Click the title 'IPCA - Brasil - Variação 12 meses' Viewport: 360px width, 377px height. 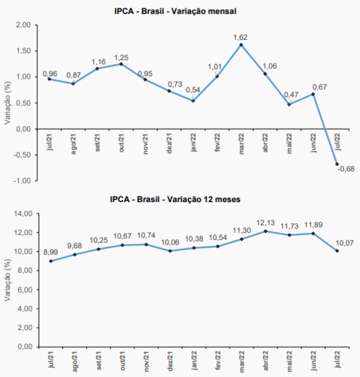coord(175,199)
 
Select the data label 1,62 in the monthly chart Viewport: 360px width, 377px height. coord(241,38)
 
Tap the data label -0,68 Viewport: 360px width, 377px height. coord(346,169)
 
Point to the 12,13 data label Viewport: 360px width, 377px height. coord(265,224)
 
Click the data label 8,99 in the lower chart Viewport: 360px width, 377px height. coord(50,253)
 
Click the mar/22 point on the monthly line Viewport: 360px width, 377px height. coord(241,45)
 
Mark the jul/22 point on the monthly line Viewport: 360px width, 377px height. coord(337,164)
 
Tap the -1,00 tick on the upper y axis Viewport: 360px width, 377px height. coord(24,180)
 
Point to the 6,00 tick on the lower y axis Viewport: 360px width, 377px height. coord(25,290)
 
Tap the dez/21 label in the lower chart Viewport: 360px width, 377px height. coord(170,360)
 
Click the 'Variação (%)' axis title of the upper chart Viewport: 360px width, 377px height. coord(7,103)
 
